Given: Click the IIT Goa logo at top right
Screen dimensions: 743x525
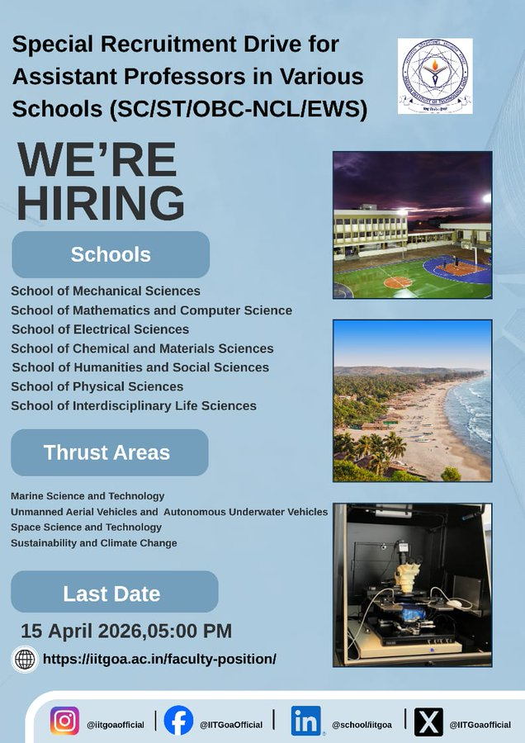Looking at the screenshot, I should point(435,76).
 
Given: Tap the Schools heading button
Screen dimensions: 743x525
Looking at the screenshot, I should point(111,254).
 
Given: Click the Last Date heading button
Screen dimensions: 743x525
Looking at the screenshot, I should point(112,593).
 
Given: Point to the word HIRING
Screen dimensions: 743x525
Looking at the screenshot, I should point(100,203).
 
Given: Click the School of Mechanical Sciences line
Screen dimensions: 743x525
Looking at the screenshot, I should point(106,291).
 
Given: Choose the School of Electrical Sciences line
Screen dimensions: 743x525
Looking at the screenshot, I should point(100,329).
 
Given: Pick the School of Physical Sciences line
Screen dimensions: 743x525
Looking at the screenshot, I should point(97,386).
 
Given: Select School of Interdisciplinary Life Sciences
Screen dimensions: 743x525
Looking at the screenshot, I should point(134,405).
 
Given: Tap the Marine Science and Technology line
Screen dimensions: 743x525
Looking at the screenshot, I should point(87,496).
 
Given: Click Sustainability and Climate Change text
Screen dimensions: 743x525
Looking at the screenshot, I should point(94,542).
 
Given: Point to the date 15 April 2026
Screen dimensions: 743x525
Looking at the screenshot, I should point(83,632).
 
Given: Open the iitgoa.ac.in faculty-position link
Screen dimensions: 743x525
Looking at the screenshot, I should point(159,659).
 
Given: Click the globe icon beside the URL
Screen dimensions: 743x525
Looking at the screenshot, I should point(26,659).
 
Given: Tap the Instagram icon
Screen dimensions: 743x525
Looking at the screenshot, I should point(64,722).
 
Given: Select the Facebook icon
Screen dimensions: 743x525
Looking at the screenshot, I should point(178,721).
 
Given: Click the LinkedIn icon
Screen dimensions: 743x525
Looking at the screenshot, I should point(305,721).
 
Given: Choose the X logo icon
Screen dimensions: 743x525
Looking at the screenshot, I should point(428,722).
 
